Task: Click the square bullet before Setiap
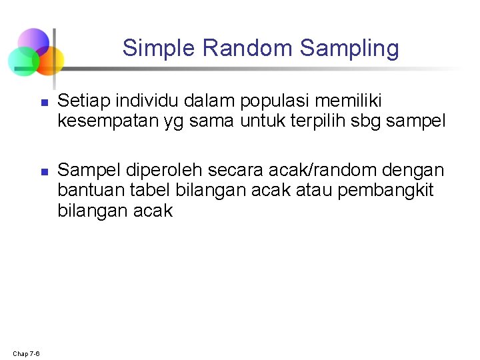[43, 103]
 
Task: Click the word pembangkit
[385, 191]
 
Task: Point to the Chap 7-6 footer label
[25, 353]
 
